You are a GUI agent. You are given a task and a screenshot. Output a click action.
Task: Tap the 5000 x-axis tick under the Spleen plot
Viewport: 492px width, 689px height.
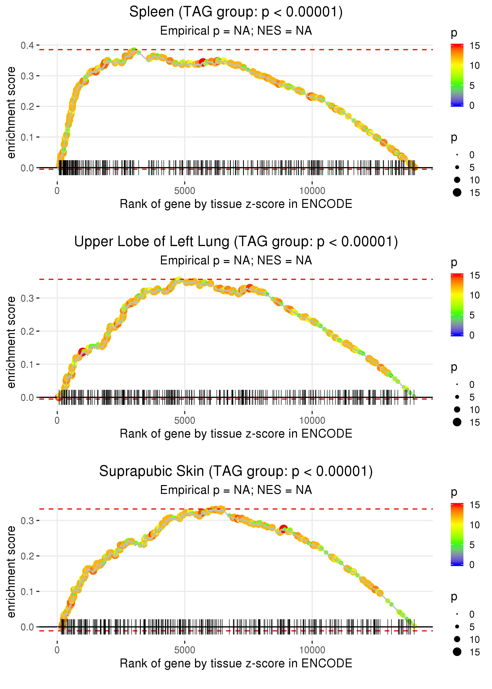pos(185,191)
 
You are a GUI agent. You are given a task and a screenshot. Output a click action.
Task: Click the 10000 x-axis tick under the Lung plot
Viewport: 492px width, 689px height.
pos(312,420)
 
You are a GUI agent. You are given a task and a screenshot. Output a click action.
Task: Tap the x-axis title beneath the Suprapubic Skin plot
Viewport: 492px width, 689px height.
pos(236,663)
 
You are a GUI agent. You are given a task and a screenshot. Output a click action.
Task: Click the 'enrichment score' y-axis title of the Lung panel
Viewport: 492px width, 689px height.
pos(11,342)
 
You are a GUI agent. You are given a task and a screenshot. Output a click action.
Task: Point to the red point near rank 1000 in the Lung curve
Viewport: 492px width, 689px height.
pos(82,352)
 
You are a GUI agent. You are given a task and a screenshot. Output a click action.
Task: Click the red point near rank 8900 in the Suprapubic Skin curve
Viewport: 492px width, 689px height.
pos(283,529)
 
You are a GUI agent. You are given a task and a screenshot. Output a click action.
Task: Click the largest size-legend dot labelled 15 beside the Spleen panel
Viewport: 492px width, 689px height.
pos(457,192)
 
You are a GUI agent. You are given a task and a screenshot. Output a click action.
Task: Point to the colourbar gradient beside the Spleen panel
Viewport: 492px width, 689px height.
pos(457,75)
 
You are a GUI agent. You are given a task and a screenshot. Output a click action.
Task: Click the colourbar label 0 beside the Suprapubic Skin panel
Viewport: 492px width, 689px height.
pos(472,565)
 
